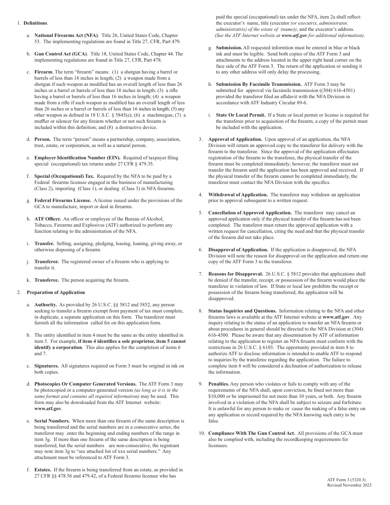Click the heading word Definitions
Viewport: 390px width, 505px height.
[36, 23]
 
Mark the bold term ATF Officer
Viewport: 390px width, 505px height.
[48, 219]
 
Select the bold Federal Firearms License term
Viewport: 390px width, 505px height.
[63, 200]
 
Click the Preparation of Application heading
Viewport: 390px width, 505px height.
[56, 292]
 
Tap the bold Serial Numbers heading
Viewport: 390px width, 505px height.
[52, 421]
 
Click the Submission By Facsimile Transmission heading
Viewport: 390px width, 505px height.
[259, 84]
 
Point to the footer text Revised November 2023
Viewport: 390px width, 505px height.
[349, 485]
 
